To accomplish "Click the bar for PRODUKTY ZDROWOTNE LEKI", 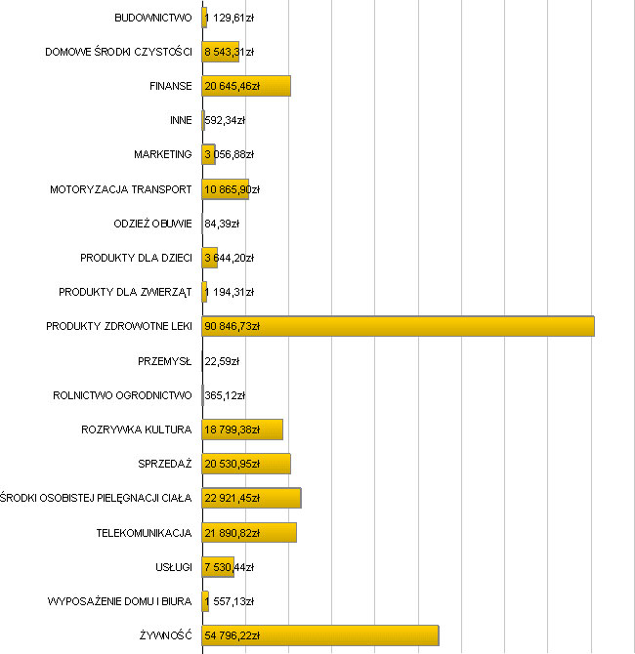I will click(x=399, y=326).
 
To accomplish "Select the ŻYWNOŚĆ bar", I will click(x=320, y=636).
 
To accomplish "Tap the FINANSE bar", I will click(x=246, y=86).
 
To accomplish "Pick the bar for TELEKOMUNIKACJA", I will click(x=249, y=533).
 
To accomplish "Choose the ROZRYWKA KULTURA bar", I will click(x=242, y=429).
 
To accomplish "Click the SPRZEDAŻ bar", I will click(x=246, y=464).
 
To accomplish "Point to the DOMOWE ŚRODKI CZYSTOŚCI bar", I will click(x=220, y=52).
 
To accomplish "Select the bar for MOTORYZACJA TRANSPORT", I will click(x=225, y=189).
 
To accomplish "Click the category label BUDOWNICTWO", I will click(x=152, y=18).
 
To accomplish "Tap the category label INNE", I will click(x=181, y=121).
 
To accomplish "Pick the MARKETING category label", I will click(x=162, y=155).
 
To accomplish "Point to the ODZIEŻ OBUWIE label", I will click(x=152, y=224).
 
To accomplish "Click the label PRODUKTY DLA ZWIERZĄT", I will click(x=125, y=292).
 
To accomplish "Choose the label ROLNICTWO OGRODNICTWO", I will click(x=122, y=395).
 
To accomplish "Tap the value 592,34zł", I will click(x=225, y=121).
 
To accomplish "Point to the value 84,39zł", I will click(x=222, y=224).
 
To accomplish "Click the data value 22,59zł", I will click(x=222, y=361).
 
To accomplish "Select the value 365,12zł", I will click(x=225, y=395).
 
